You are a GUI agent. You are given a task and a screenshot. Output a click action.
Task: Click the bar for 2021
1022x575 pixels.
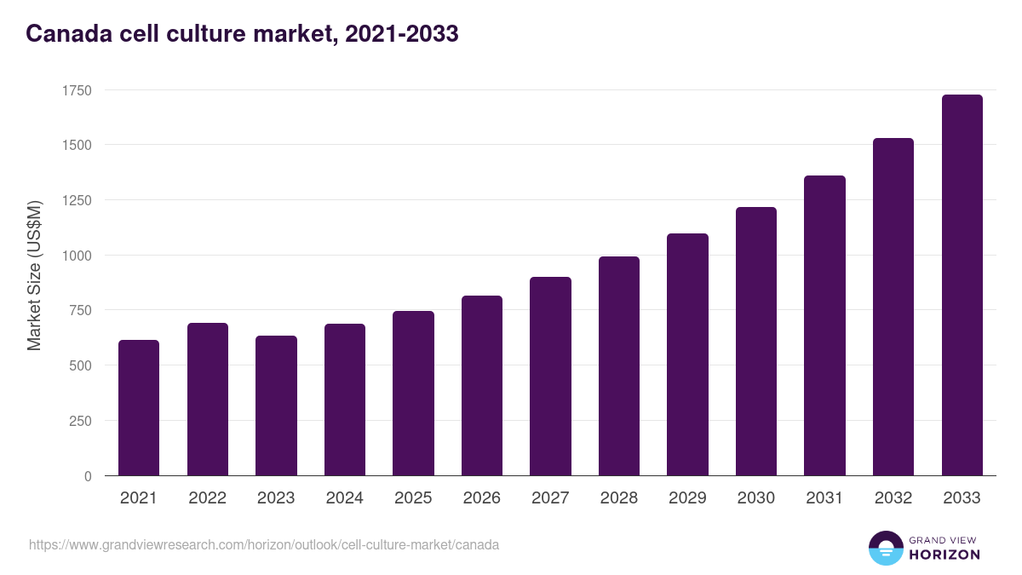(139, 408)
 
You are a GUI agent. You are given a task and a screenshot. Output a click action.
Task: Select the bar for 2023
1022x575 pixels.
(276, 405)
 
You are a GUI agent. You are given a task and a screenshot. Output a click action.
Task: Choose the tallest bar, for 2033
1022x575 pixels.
(962, 285)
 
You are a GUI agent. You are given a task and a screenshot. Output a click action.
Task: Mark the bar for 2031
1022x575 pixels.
(824, 325)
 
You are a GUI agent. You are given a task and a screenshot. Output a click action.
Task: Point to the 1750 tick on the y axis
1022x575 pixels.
(77, 90)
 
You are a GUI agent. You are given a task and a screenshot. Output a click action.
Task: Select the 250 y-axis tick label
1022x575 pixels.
(80, 421)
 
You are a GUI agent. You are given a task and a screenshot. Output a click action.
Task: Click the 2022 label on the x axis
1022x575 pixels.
(207, 498)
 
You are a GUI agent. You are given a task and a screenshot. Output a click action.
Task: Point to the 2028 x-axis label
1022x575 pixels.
(618, 498)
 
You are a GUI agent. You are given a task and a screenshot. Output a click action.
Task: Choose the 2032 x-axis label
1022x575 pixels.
(893, 498)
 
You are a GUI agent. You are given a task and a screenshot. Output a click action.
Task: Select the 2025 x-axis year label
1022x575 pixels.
(413, 498)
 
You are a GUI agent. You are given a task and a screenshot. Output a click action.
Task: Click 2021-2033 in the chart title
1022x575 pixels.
(401, 34)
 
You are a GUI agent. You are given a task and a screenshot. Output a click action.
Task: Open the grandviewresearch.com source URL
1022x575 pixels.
(264, 544)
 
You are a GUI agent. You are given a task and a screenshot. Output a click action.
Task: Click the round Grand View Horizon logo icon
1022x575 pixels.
(885, 548)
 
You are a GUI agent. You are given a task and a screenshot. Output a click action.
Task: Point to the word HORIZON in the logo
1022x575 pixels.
(944, 555)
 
